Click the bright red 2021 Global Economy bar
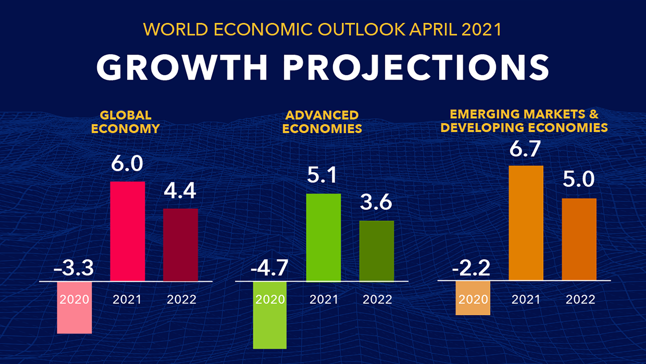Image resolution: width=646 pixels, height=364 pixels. click(128, 231)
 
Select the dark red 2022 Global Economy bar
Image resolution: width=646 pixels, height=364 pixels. click(181, 245)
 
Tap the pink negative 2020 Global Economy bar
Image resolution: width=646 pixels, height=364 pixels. click(74, 317)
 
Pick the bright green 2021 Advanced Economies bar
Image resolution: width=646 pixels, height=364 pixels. click(323, 237)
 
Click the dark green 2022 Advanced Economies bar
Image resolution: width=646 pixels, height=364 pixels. click(376, 251)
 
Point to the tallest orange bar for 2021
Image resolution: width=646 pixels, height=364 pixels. click(526, 223)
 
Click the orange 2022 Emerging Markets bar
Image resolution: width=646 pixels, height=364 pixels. click(579, 239)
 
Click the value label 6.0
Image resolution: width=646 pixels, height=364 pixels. click(127, 164)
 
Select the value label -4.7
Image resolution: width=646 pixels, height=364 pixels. click(270, 268)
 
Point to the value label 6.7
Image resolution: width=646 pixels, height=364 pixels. click(525, 149)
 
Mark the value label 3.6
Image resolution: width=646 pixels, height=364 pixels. click(376, 202)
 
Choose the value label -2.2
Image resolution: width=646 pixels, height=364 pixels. click(471, 268)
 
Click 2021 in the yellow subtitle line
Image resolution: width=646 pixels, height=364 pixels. click(481, 30)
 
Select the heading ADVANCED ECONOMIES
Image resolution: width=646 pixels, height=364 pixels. click(322, 122)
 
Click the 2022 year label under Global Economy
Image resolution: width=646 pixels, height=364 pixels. click(181, 300)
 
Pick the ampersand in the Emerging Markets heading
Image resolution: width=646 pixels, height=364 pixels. click(594, 114)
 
